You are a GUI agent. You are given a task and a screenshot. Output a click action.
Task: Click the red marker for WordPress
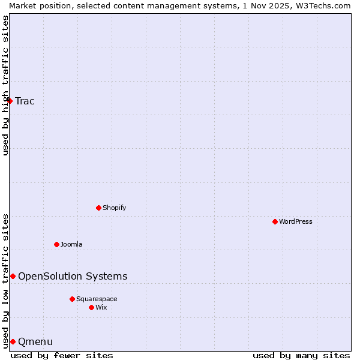click(x=275, y=221)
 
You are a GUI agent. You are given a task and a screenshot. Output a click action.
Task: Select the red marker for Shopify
click(x=98, y=208)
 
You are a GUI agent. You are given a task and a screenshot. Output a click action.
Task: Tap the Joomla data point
click(x=56, y=244)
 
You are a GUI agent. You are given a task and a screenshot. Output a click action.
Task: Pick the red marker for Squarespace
click(x=72, y=299)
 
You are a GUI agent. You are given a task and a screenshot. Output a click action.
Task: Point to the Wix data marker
click(x=91, y=307)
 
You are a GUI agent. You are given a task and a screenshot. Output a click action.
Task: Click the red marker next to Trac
click(x=10, y=101)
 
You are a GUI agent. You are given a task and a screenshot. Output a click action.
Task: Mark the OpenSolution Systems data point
click(x=13, y=276)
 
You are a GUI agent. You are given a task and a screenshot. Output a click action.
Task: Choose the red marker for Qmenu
click(x=13, y=341)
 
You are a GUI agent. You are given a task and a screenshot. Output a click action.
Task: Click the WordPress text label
click(x=296, y=221)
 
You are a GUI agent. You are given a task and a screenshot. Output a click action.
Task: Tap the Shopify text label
click(x=114, y=208)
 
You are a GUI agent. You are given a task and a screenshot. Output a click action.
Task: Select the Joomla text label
click(x=71, y=244)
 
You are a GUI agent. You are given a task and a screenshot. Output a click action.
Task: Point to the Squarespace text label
click(x=97, y=299)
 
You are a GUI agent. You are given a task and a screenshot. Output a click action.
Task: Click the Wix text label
click(x=101, y=307)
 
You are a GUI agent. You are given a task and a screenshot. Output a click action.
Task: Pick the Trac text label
click(x=25, y=101)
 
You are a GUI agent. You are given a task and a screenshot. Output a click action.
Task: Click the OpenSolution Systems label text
click(x=73, y=276)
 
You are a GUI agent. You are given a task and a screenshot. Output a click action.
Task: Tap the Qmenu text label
click(x=35, y=341)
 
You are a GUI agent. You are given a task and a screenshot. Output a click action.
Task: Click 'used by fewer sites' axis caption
click(x=62, y=355)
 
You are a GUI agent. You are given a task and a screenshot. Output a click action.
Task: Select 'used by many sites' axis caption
click(x=301, y=355)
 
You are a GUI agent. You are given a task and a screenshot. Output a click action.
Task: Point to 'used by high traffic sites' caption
click(x=5, y=85)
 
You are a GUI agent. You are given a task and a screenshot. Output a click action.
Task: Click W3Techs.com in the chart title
click(x=322, y=5)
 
